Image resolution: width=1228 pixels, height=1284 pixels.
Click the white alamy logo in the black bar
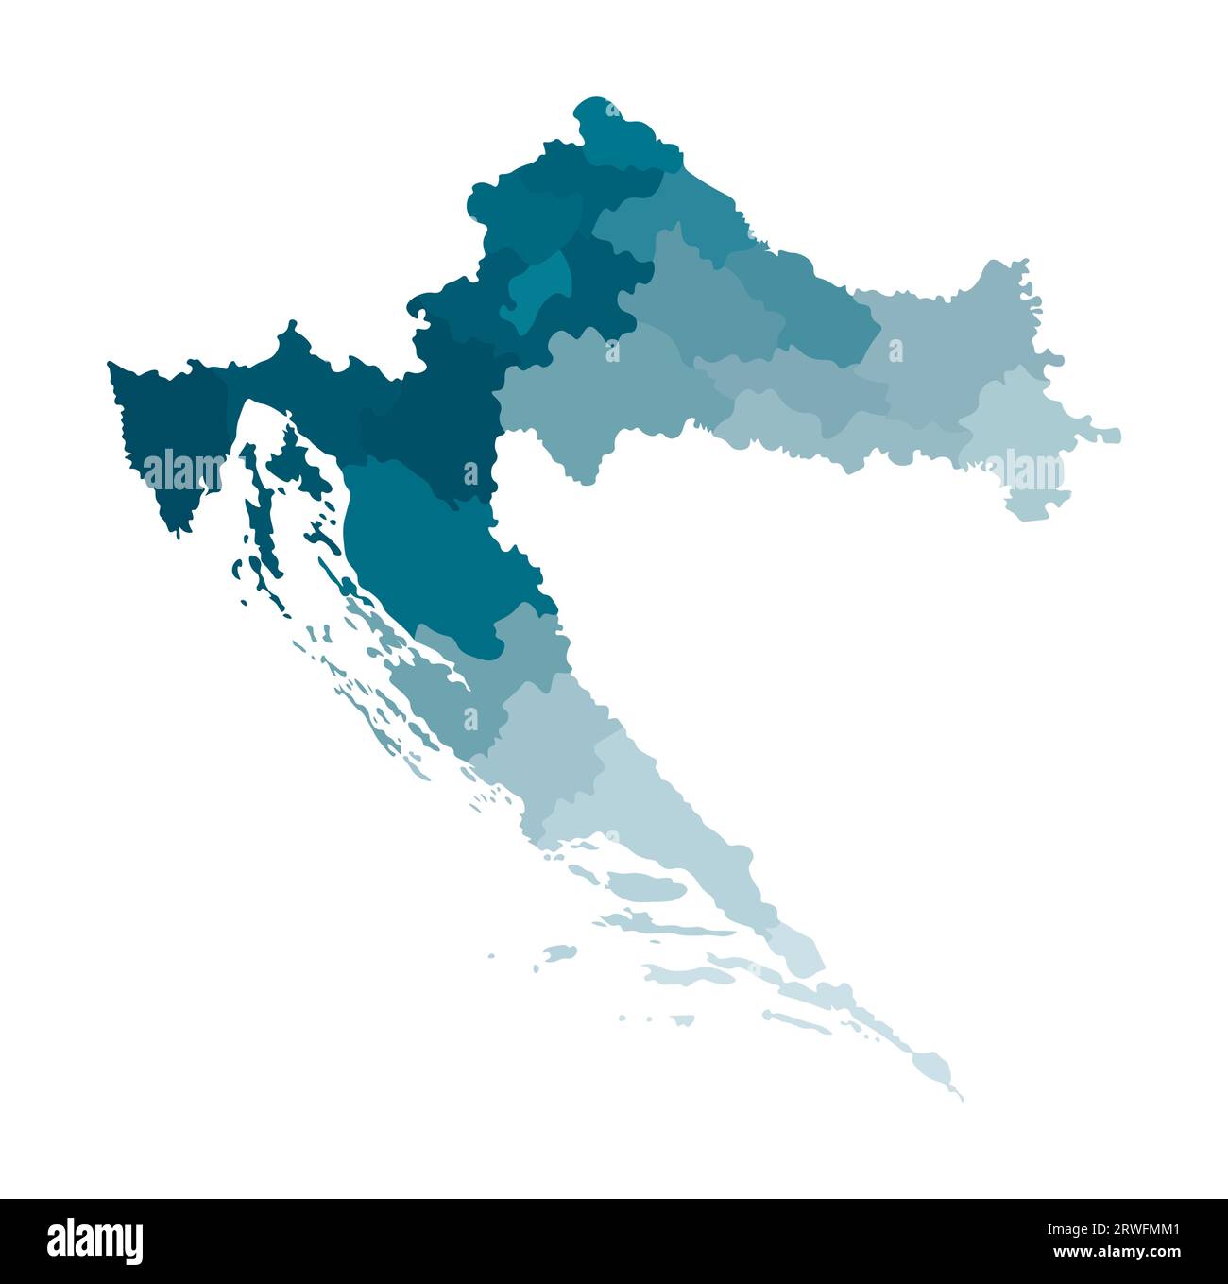pyautogui.click(x=94, y=1241)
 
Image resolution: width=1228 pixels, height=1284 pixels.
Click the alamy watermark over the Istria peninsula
pyautogui.click(x=183, y=471)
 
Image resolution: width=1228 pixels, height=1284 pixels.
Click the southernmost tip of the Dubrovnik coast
pyautogui.click(x=958, y=1096)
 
